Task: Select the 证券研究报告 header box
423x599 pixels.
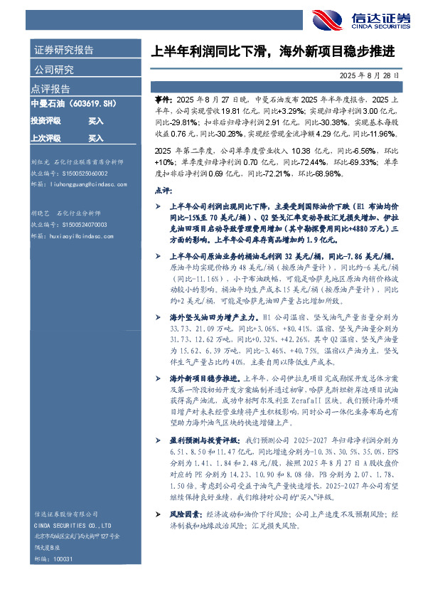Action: [63, 51]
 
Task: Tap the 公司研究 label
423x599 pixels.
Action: [54, 70]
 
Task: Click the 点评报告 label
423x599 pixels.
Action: [50, 89]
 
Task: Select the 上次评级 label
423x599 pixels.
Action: [45, 138]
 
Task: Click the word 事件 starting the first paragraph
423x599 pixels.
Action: [163, 101]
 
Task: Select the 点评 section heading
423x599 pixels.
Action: [164, 191]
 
